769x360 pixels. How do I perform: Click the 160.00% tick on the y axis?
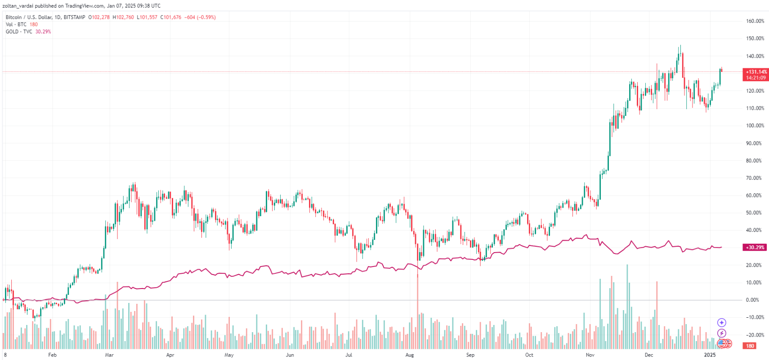point(755,21)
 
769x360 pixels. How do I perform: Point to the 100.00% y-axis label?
point(755,126)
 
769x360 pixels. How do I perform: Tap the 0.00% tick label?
point(752,300)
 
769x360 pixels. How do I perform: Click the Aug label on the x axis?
point(409,355)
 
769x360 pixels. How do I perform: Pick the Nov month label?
point(590,355)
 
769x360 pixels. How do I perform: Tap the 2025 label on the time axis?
point(710,355)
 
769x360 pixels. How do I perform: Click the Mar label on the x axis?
point(109,355)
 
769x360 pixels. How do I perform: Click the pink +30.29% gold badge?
point(755,248)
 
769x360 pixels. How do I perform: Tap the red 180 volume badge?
point(750,346)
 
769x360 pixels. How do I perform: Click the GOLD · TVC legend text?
point(19,32)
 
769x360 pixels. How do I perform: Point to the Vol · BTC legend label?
point(16,25)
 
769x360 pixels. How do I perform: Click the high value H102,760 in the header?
point(123,18)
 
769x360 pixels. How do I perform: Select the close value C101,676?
point(171,18)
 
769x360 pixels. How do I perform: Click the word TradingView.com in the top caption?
point(85,6)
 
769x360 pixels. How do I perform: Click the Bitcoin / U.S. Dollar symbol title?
point(29,18)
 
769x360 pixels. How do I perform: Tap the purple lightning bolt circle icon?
point(721,333)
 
